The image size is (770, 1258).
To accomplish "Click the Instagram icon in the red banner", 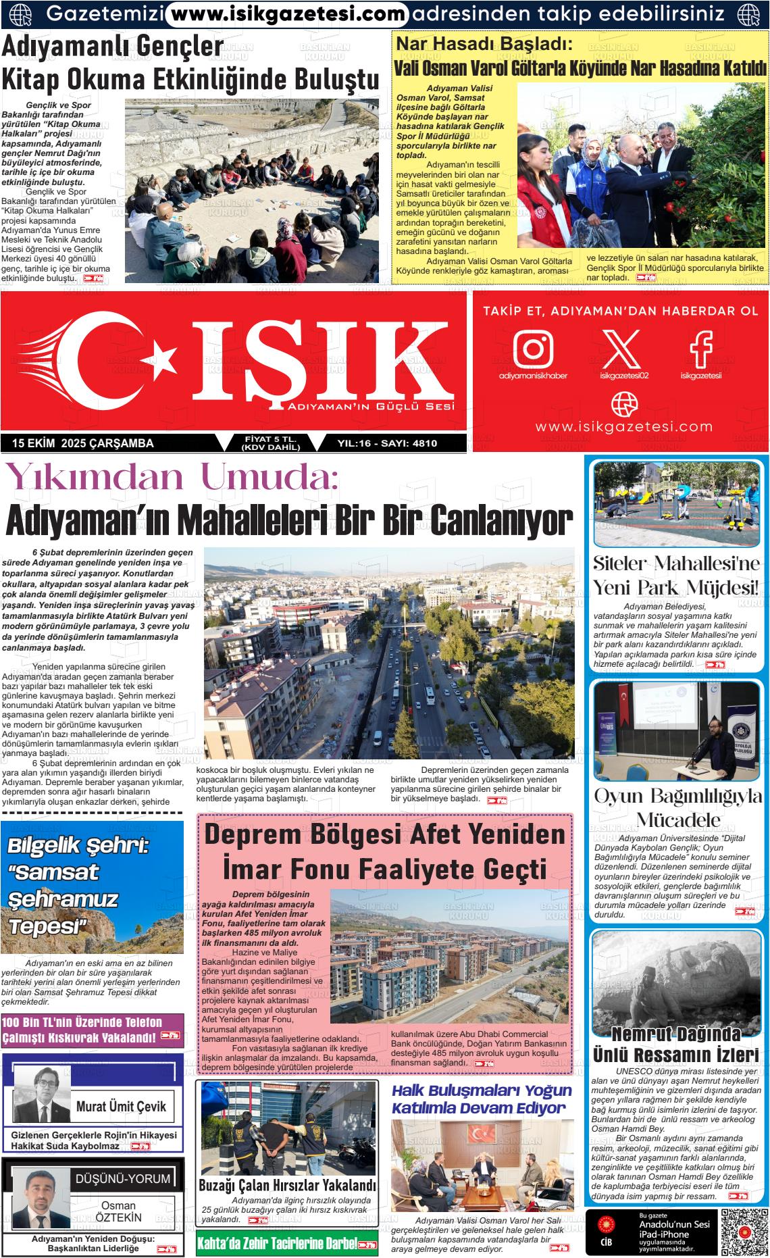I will (533, 348).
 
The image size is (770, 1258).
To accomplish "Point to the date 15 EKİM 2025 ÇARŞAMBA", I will (82, 444).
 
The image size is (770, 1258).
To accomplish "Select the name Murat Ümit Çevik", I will (121, 1107).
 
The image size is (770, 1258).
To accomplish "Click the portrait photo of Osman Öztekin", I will (41, 1199).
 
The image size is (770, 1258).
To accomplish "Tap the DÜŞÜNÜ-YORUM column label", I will (123, 1179).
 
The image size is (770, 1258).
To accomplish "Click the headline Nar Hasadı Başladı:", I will (484, 45).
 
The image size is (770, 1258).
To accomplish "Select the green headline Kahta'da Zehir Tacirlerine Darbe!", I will (276, 1244).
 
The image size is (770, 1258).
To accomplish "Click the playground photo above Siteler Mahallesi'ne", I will (676, 503).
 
